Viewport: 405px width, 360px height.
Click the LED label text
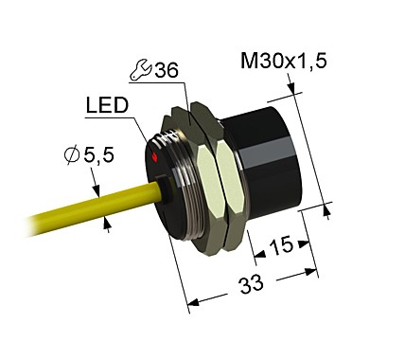107,106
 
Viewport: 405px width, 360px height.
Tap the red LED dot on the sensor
154,160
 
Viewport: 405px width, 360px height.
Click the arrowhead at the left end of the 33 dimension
193,302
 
